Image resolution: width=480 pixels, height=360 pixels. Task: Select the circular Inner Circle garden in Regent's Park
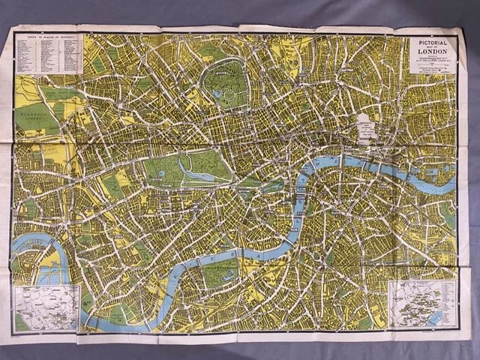pyautogui.click(x=223, y=76)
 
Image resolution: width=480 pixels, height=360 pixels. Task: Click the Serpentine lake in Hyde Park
pyautogui.click(x=196, y=175)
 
